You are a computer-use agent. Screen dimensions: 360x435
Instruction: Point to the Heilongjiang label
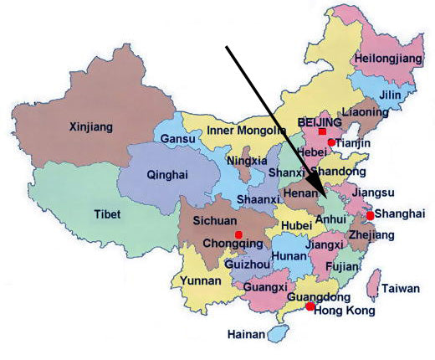[x=384, y=58]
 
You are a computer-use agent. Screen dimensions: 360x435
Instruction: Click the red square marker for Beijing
[x=323, y=133]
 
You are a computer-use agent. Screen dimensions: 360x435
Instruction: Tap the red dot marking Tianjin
[x=331, y=143]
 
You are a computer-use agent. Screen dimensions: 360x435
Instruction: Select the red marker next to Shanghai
[x=371, y=215]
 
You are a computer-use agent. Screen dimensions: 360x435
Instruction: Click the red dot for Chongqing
[x=238, y=234]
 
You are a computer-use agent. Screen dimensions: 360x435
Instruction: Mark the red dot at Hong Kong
[x=310, y=307]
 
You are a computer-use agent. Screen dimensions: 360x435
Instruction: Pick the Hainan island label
[x=246, y=335]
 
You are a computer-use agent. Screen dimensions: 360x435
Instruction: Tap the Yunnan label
[x=201, y=281]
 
